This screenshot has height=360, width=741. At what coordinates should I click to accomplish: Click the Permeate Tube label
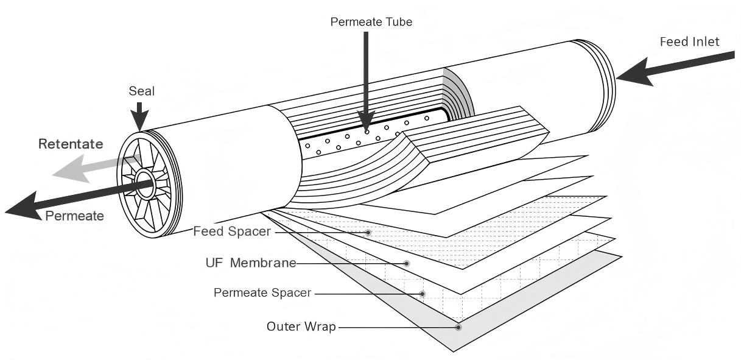(x=371, y=22)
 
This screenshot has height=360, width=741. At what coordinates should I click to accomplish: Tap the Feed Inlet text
(x=689, y=41)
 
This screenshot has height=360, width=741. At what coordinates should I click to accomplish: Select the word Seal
(x=141, y=91)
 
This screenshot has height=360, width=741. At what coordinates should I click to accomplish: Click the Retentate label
(x=71, y=144)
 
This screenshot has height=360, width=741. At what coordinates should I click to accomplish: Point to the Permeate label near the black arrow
(x=74, y=216)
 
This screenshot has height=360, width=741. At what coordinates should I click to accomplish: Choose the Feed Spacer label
(x=231, y=231)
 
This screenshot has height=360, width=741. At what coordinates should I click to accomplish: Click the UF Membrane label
(x=251, y=263)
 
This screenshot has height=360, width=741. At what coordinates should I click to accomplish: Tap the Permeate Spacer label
(x=262, y=293)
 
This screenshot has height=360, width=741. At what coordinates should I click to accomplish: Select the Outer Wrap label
(x=301, y=326)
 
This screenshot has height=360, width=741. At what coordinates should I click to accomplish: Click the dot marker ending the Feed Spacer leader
(x=368, y=233)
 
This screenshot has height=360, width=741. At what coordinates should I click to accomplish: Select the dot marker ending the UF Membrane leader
(x=407, y=263)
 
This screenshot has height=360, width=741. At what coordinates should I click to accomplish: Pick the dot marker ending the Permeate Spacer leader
(x=423, y=294)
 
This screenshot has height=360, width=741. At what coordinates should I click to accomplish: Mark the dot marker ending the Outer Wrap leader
(x=458, y=327)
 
